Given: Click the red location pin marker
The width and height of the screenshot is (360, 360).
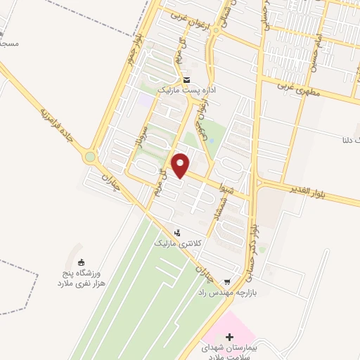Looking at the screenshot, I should coord(181,166).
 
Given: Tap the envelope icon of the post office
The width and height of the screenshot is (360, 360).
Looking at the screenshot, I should coord(186,79).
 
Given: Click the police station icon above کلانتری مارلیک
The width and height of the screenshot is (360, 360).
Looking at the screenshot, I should coord(177,232).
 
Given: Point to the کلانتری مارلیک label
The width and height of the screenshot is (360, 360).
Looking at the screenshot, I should coord(177,243).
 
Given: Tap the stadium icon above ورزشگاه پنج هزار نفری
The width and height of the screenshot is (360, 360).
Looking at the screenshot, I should coord(79,264).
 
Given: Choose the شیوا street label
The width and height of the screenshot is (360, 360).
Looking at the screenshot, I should coord(236,188).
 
